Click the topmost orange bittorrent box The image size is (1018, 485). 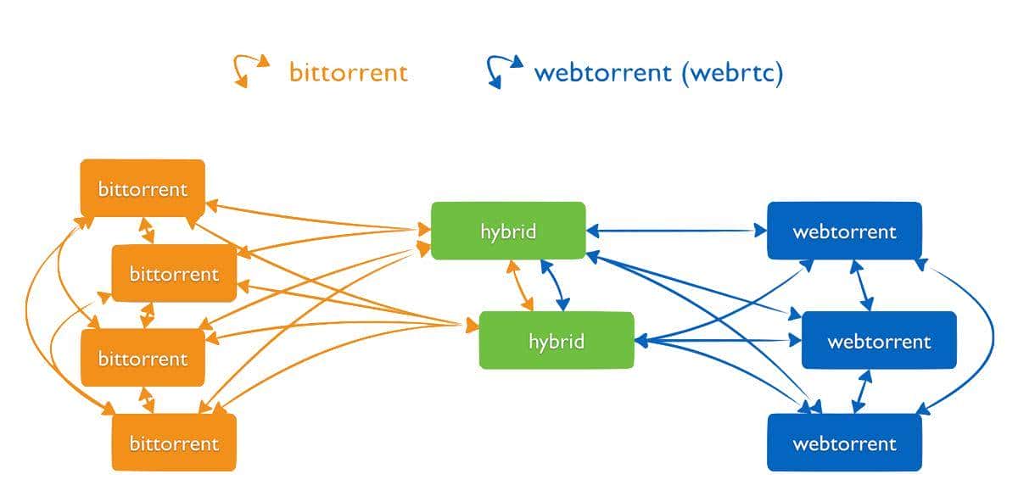tap(143, 188)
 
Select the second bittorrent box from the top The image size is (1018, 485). tap(174, 273)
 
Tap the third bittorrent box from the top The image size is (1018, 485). tap(143, 358)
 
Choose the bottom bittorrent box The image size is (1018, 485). tap(174, 443)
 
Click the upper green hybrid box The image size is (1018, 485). tap(508, 231)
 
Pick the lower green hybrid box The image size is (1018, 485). tap(557, 341)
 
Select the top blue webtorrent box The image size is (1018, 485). tap(844, 231)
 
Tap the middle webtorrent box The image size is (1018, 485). tap(879, 341)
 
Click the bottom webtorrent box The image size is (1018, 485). tap(844, 443)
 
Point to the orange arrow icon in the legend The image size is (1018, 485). tap(251, 70)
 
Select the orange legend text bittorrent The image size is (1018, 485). tap(349, 72)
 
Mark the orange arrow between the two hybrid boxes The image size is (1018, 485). tap(520, 286)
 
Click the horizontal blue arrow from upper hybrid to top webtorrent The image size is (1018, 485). tap(676, 230)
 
